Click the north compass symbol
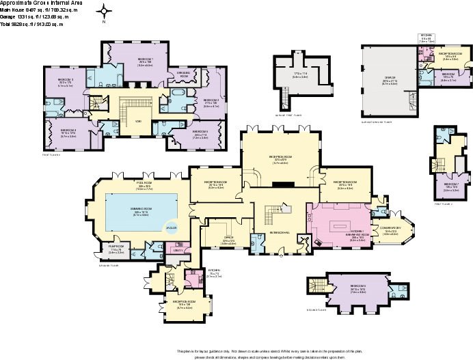pos(104,12)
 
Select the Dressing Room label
pos(183,73)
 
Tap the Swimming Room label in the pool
pos(140,212)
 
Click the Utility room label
pos(178,251)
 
